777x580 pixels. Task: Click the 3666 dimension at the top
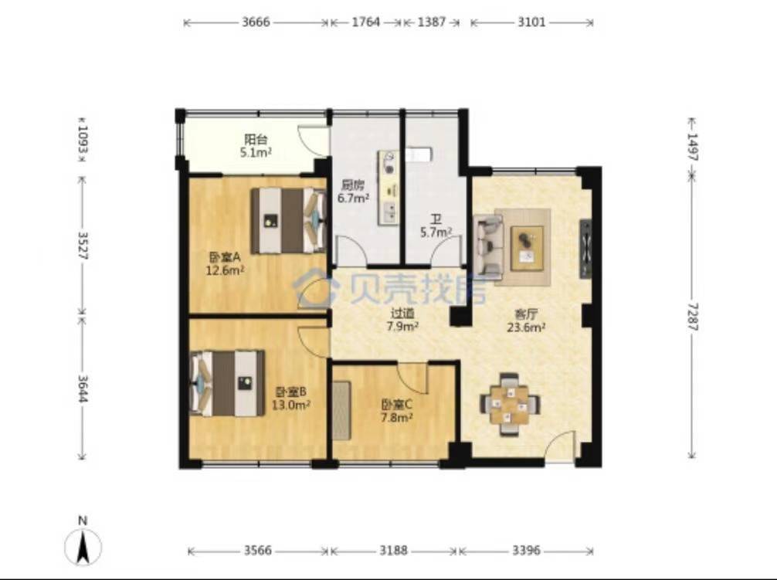256,22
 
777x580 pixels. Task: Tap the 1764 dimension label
365,22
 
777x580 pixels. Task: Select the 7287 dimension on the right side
692,317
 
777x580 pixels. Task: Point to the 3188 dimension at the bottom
394,551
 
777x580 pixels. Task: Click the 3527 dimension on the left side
83,246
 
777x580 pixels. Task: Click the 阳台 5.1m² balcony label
256,146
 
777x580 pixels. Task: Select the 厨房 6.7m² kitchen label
353,192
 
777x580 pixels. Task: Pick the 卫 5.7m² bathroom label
436,226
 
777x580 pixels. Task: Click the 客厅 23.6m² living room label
526,320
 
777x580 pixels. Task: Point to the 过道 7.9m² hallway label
403,320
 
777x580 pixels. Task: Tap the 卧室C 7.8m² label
397,411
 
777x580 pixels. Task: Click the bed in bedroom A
288,220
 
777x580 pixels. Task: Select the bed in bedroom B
227,383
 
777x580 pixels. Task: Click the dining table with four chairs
510,405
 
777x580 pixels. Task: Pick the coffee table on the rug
527,248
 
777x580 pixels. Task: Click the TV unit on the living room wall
585,248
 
